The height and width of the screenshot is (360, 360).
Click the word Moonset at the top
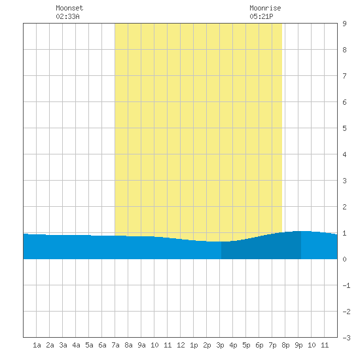(x=69, y=8)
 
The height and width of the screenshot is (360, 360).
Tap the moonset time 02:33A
(x=67, y=16)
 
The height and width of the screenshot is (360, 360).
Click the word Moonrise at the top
(x=265, y=8)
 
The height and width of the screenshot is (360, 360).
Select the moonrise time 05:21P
(x=261, y=16)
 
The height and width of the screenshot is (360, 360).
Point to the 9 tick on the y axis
(x=344, y=24)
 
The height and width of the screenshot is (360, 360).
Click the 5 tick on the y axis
(x=344, y=128)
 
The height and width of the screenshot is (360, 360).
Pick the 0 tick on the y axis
(x=344, y=259)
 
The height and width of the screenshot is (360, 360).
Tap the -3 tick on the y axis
(x=346, y=338)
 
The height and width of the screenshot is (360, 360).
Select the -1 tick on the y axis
(x=346, y=285)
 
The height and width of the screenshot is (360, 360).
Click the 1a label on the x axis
(x=37, y=345)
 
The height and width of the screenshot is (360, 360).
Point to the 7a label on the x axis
(x=115, y=345)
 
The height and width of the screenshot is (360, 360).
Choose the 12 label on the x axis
(x=181, y=345)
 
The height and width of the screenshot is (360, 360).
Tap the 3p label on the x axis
(x=220, y=345)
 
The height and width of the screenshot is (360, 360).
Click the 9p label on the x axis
(x=298, y=345)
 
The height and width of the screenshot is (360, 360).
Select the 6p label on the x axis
(x=259, y=345)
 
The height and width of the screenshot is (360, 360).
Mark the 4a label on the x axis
(x=76, y=345)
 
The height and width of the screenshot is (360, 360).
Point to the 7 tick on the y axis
(x=344, y=76)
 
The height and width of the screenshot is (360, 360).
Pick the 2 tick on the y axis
(x=344, y=207)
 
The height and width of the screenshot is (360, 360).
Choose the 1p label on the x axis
(x=194, y=345)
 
